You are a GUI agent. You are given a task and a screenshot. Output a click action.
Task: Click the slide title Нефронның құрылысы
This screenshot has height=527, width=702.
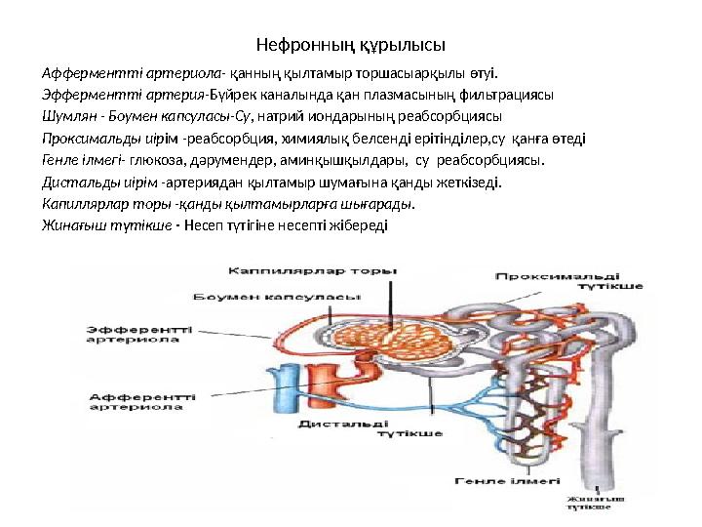pyautogui.click(x=350, y=45)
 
